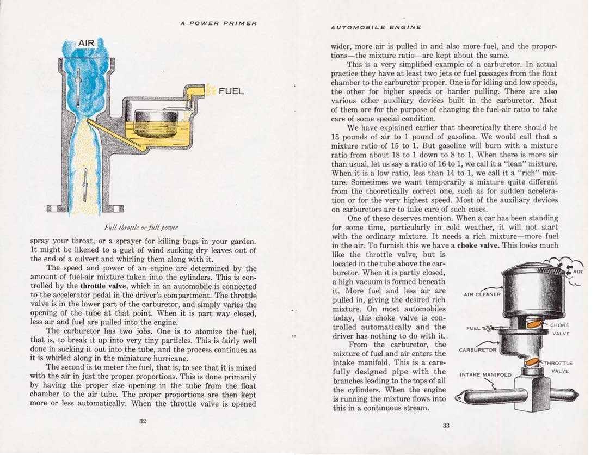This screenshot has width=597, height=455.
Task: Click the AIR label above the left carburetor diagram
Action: coord(87,43)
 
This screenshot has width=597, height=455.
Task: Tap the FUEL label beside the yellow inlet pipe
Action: coord(231,91)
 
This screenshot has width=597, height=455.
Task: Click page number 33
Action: coord(446,426)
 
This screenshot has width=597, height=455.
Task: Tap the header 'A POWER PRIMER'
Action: coord(219,23)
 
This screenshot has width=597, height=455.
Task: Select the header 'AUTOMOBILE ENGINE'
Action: coord(376,27)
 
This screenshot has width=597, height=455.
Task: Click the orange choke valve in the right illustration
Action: coord(535,325)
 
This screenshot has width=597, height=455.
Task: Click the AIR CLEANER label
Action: coord(482,294)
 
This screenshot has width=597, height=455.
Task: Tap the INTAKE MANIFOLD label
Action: coord(485,374)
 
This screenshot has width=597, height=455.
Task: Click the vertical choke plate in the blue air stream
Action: coord(79,87)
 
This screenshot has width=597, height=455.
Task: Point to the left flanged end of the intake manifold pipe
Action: coord(458,399)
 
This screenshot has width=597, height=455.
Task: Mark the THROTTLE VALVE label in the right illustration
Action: coord(559,367)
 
